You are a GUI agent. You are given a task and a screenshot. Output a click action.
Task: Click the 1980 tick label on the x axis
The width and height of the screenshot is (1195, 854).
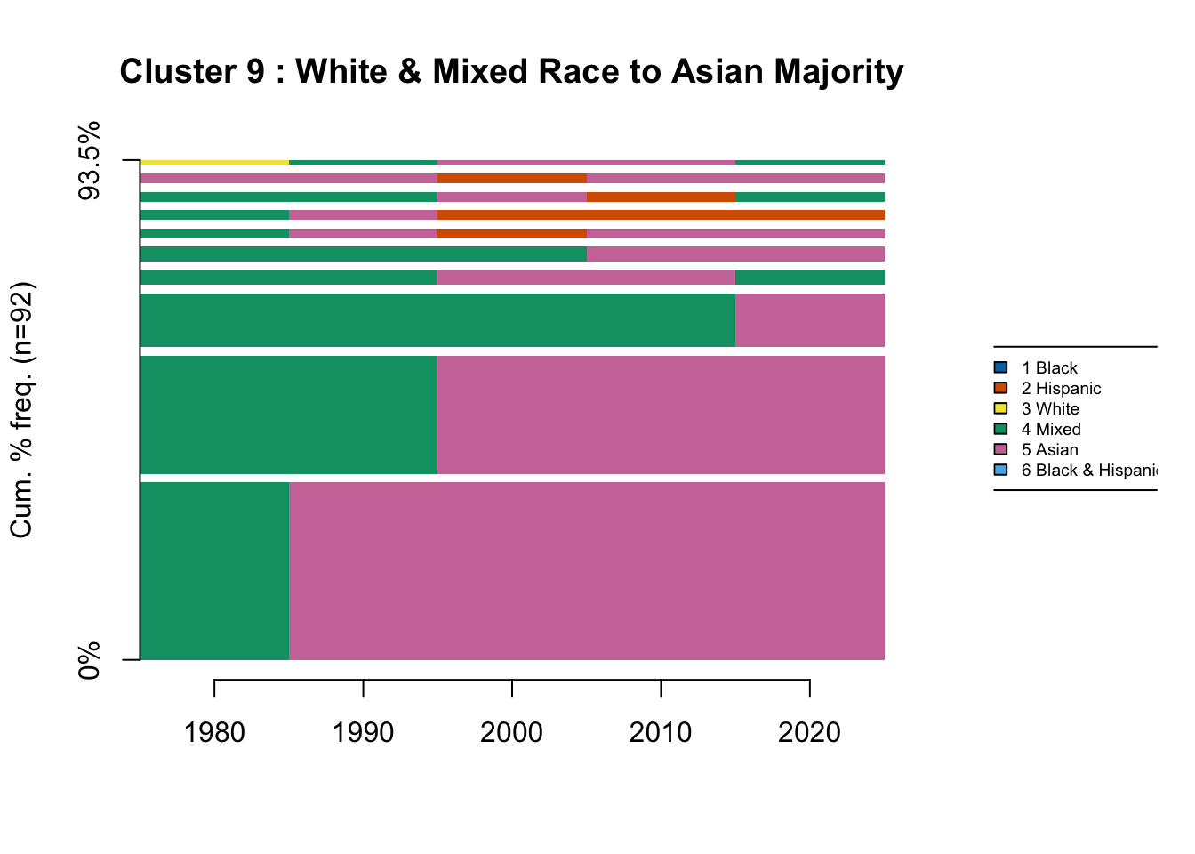214,732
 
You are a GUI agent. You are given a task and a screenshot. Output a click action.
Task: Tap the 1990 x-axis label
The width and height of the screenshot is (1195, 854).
363,732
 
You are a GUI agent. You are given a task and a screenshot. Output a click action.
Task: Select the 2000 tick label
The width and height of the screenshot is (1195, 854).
511,732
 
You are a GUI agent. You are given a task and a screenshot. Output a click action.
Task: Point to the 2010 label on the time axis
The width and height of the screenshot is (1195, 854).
660,732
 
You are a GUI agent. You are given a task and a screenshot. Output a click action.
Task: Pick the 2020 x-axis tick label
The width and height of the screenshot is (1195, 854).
809,732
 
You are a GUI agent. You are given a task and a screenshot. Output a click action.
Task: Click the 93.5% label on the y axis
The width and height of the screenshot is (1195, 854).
91,162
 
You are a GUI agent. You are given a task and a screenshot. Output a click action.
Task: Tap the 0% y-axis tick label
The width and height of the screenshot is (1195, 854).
91,660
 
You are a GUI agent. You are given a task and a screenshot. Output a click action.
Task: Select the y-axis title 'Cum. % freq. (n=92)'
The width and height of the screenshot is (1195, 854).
21,410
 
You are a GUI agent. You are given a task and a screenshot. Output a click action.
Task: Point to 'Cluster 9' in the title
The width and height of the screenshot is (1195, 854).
192,71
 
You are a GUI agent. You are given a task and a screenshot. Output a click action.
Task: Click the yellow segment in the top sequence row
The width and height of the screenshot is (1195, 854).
214,162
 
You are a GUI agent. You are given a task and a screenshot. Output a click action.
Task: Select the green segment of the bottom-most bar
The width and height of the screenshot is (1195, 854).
214,571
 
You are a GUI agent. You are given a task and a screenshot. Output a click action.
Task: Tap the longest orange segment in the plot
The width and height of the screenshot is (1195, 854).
661,214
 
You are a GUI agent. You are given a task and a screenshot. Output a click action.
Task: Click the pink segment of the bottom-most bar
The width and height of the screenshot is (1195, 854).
587,571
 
